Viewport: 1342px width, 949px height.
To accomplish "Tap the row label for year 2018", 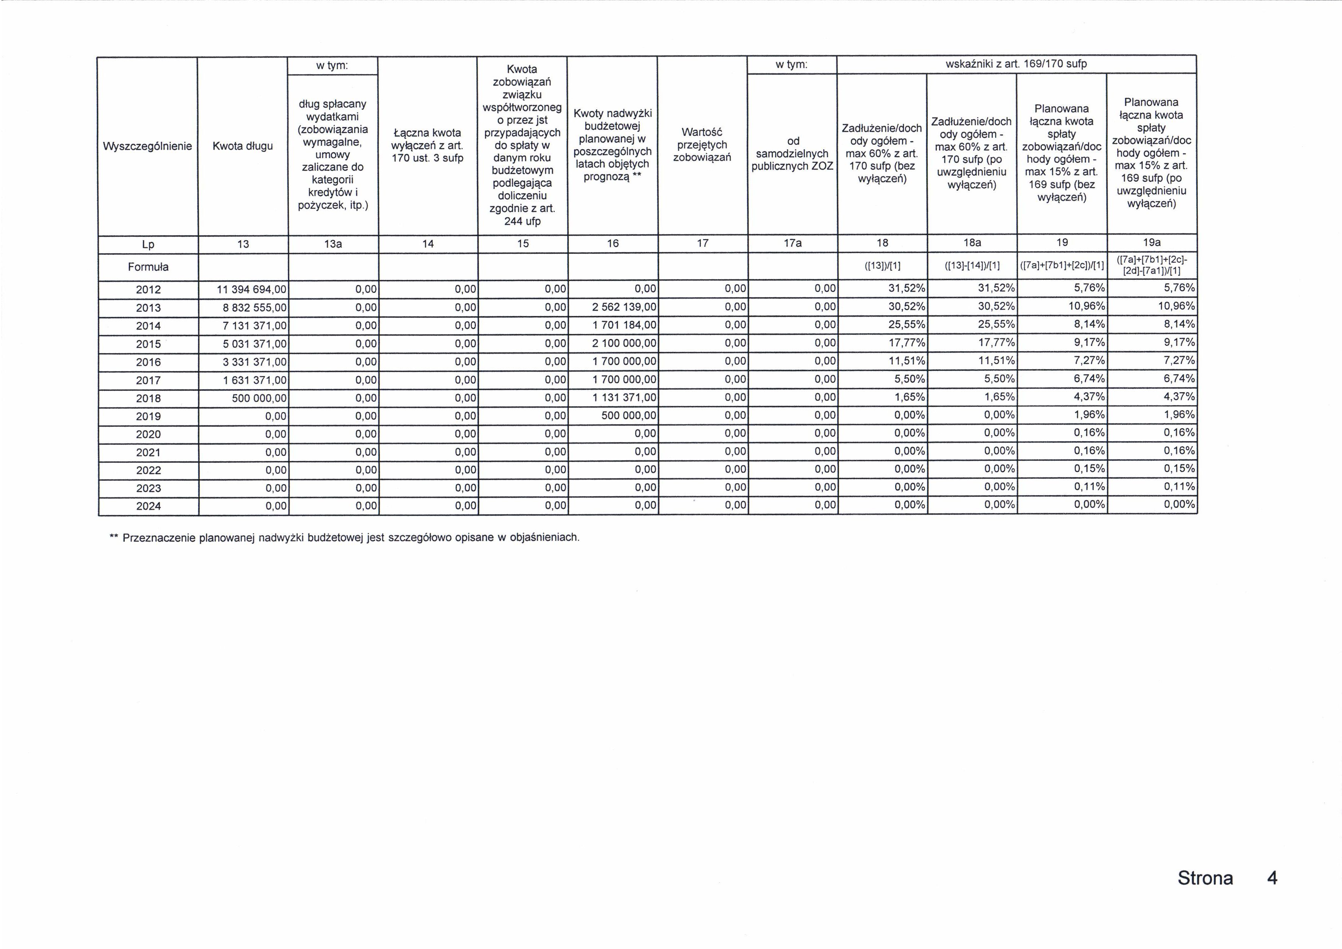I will click(x=148, y=398).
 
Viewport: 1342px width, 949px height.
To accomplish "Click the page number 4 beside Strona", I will click(x=1272, y=878).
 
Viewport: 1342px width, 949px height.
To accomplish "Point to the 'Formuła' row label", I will click(x=148, y=267).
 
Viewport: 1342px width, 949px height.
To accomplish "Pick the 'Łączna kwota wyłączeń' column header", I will click(x=427, y=145).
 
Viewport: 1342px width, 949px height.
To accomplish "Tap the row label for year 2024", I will click(x=148, y=506).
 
